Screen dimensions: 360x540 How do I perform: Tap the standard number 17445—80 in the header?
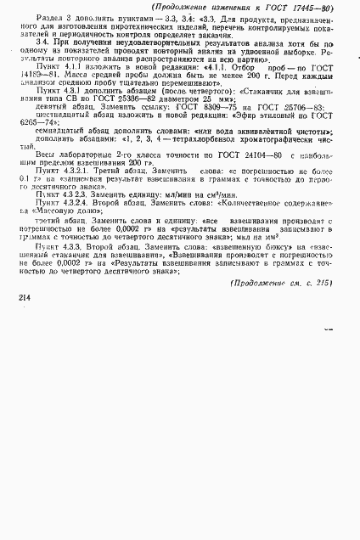[x=313, y=8]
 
